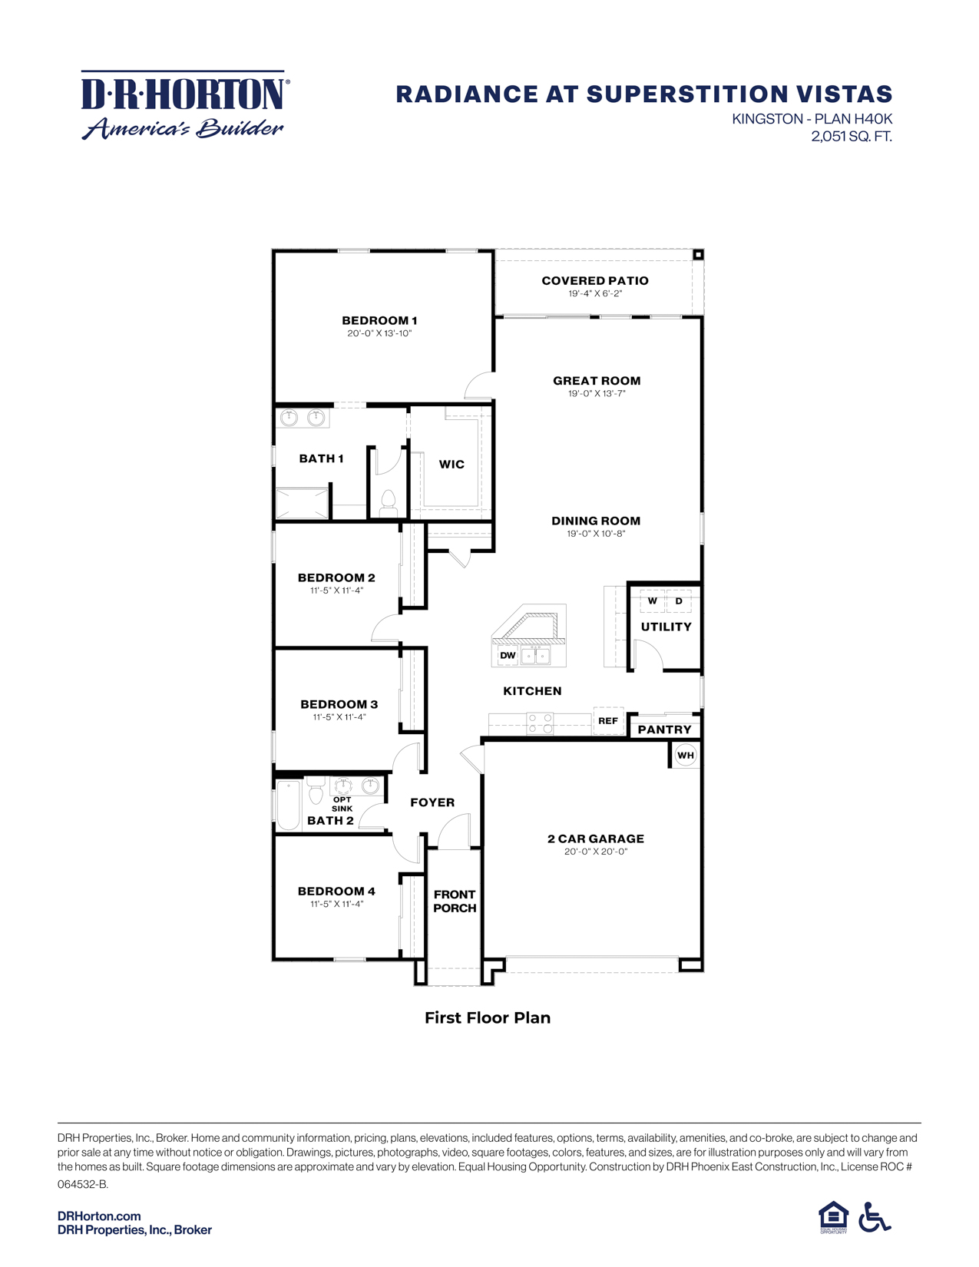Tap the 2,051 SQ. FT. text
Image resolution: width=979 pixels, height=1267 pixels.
(851, 137)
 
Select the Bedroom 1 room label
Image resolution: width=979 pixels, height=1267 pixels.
(379, 320)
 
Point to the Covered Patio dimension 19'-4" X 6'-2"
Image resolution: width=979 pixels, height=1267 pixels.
(595, 293)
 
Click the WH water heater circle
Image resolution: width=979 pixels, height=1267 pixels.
(686, 756)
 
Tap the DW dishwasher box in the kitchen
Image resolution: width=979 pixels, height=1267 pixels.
(508, 655)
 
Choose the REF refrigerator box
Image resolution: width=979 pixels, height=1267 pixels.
(608, 721)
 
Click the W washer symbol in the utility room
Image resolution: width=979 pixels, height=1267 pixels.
(653, 600)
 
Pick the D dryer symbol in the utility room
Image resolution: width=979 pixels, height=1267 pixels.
(679, 600)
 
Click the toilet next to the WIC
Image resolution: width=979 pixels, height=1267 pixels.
(388, 504)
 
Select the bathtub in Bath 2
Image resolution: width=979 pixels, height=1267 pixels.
(289, 805)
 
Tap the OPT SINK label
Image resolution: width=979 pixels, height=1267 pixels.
(342, 804)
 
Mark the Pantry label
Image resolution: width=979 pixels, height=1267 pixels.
(665, 729)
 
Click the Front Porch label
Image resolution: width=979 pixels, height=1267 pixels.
(455, 901)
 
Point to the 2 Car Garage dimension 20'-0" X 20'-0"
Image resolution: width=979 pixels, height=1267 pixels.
(596, 852)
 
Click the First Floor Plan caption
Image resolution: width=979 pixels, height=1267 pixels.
(488, 1017)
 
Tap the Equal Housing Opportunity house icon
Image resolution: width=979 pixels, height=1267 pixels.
(833, 1216)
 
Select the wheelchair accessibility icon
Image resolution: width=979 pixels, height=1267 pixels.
(875, 1217)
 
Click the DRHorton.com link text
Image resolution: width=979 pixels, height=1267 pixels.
(99, 1216)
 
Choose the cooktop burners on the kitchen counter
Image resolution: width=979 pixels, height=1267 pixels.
(540, 723)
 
